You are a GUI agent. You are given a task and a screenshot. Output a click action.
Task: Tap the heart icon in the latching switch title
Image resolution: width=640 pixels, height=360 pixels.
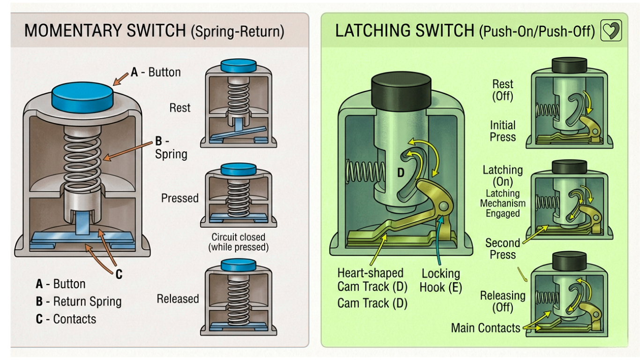point(611,30)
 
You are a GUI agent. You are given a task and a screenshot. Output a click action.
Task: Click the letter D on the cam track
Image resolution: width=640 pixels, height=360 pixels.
point(401,173)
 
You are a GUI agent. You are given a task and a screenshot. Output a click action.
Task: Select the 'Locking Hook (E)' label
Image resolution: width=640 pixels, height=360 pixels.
point(440,280)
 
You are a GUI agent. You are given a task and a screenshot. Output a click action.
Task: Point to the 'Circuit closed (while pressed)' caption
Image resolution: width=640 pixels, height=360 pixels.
point(238,242)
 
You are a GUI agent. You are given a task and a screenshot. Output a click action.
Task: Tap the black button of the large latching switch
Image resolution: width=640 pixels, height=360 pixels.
point(401,89)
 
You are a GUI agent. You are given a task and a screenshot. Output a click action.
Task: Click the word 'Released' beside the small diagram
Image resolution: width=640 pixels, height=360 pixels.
point(178,299)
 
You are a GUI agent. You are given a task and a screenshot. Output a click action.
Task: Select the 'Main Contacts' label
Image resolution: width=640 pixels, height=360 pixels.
point(485,328)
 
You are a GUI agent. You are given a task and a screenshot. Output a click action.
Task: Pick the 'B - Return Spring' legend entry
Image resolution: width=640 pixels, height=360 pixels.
point(79,301)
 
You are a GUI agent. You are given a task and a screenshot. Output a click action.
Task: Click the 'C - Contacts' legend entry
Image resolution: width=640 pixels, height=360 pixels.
point(66,319)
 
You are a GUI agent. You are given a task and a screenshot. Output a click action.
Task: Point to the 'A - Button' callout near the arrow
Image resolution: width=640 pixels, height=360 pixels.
point(156,72)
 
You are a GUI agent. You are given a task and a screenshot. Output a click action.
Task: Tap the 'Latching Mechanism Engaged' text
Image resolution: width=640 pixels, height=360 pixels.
point(503,203)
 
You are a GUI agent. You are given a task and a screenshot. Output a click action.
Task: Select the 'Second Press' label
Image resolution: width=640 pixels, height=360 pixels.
point(503,249)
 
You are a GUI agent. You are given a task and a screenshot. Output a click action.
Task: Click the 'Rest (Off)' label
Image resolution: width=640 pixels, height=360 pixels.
point(503,90)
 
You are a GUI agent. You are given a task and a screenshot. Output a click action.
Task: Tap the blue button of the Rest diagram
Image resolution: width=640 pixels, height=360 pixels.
point(238,64)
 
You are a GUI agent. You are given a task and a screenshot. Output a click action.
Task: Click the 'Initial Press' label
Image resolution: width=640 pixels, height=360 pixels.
point(503,131)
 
